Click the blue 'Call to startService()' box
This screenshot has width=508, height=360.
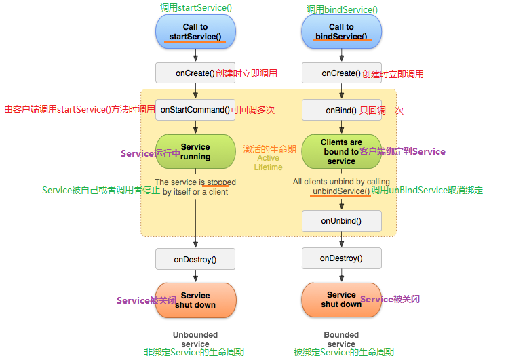click(x=195, y=32)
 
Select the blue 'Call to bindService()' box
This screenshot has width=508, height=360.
click(x=341, y=32)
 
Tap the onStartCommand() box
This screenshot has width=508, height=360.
click(x=195, y=110)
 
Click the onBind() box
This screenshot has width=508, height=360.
click(x=341, y=110)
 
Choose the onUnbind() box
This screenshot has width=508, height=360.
click(x=341, y=220)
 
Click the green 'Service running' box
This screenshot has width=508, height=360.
click(x=195, y=151)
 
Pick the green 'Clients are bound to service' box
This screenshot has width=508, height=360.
click(x=341, y=151)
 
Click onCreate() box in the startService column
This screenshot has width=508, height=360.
click(x=195, y=73)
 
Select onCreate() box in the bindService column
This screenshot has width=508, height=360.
click(x=341, y=73)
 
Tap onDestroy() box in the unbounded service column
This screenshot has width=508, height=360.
click(x=195, y=259)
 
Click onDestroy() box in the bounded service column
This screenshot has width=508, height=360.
click(x=341, y=258)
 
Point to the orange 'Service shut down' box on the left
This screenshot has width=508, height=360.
click(x=195, y=300)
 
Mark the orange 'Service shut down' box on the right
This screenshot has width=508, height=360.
click(x=341, y=300)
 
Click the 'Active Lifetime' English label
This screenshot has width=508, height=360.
click(x=268, y=163)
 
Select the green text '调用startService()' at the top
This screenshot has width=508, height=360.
click(x=195, y=7)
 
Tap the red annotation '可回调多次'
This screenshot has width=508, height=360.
click(x=253, y=110)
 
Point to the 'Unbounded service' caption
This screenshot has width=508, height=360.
click(x=195, y=339)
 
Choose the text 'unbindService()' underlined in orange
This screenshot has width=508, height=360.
click(x=341, y=191)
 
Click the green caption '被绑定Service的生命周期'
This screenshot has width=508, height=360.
click(x=343, y=353)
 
